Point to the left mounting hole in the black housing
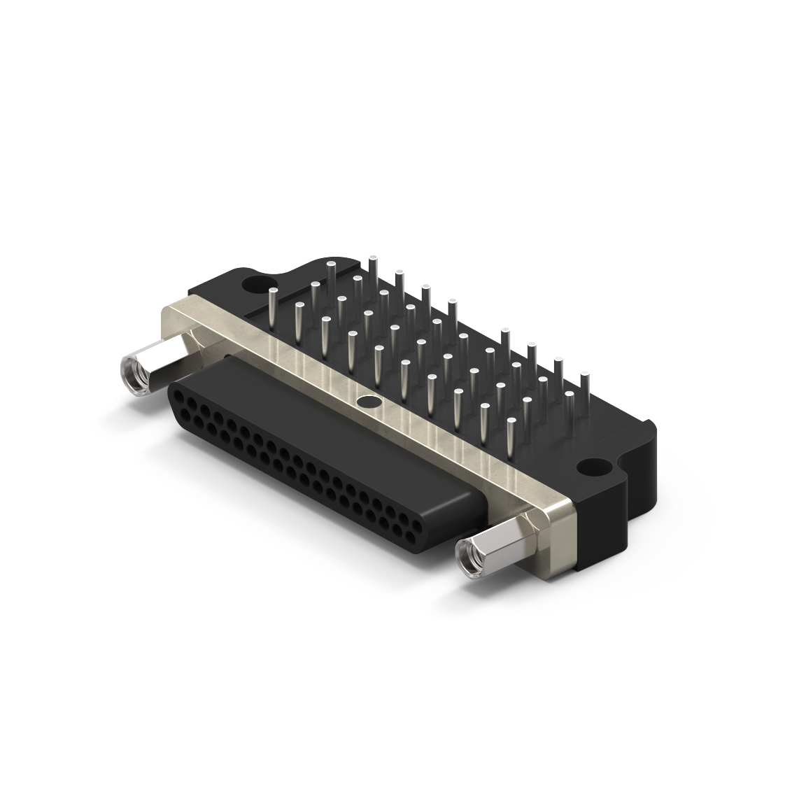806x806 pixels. pos(250,283)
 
